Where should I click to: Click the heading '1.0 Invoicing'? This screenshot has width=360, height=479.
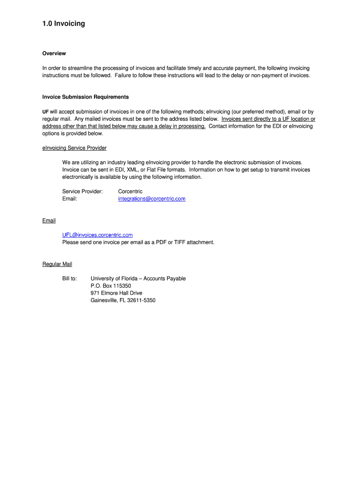tap(64, 23)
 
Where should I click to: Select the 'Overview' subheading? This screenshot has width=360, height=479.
tap(54, 53)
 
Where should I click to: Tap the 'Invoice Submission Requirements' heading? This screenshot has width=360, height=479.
tap(85, 97)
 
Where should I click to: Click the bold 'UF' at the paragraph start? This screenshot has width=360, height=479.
tap(45, 112)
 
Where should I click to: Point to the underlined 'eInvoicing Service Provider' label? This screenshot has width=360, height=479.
tap(74, 148)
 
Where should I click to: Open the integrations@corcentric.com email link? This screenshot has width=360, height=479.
tap(151, 199)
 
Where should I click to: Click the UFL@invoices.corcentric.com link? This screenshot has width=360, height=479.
tap(97, 235)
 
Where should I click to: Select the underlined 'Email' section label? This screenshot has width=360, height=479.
tap(49, 220)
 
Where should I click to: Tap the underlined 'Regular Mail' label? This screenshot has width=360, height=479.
tap(57, 264)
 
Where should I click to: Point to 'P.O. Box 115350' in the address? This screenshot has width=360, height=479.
tap(111, 286)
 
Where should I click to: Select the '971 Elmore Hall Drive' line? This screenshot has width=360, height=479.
tap(116, 293)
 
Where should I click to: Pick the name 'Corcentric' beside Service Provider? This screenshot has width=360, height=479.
tap(130, 191)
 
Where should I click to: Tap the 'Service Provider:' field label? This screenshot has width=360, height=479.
tap(82, 191)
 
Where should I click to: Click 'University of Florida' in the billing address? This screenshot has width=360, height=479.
tap(114, 278)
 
